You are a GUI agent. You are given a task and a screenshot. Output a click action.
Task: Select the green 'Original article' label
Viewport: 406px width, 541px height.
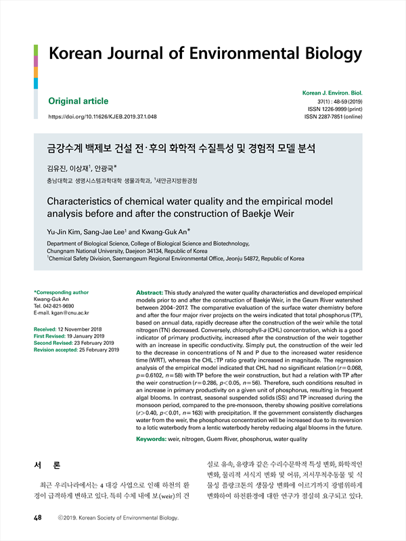(78, 101)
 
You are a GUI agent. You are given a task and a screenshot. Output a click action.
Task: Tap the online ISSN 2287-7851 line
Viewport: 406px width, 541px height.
(334, 117)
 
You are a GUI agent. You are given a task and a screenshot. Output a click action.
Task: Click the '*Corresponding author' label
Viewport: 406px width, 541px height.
(62, 292)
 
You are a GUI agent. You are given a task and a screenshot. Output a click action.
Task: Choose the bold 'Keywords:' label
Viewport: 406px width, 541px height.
(155, 439)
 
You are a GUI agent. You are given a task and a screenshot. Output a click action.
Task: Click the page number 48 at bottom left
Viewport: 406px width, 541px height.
(39, 518)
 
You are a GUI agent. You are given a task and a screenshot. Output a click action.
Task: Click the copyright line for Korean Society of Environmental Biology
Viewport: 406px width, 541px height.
(118, 519)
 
